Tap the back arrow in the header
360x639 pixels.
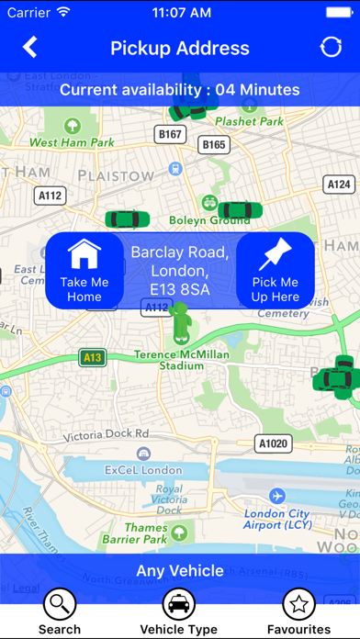pos(30,48)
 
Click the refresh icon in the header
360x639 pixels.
pos(331,48)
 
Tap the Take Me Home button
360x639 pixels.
pos(84,270)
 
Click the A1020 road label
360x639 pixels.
pos(273,444)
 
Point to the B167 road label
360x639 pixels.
pos(171,135)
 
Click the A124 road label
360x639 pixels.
pos(339,185)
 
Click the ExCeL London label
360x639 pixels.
pos(142,470)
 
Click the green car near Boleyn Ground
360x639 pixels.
pos(234,210)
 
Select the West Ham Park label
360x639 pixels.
pos(72,143)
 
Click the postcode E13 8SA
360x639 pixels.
pos(180,289)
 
